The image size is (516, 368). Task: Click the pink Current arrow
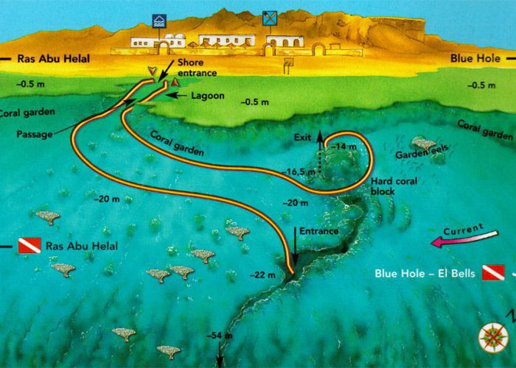pos(464,238)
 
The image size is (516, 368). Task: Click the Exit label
pos(303,137)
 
